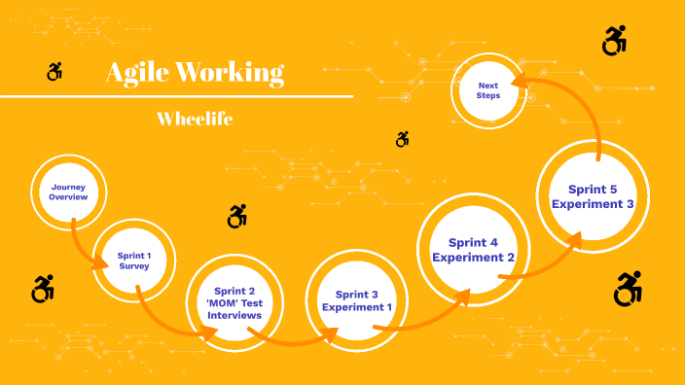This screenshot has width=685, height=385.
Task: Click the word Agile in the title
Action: coord(137,73)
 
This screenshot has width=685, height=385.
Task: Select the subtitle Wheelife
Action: coord(195,119)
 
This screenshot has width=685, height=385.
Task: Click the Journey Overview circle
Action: coord(68,191)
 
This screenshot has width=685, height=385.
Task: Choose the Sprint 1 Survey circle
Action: coord(134,260)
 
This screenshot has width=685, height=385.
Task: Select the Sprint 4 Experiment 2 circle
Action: coord(473,250)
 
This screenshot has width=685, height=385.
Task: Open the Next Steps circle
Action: coord(487,88)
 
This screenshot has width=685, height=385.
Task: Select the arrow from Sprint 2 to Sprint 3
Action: coord(292,338)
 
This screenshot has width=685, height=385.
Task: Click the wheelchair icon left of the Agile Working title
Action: coord(54,71)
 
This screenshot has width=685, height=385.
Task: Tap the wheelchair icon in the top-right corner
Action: coord(614,41)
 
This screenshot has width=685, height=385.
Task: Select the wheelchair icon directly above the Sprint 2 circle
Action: coord(236,216)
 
